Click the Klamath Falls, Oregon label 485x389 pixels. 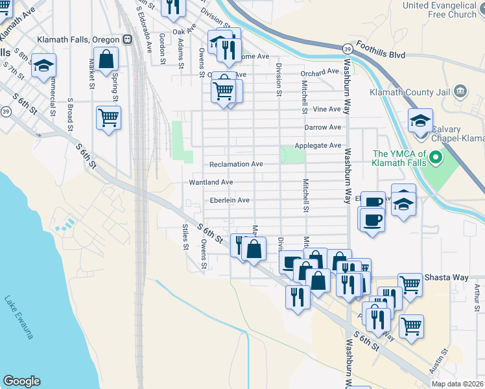click(x=78, y=38)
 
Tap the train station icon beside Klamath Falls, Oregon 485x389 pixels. click(x=127, y=38)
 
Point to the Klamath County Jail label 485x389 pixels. click(x=409, y=92)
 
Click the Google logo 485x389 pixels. click(x=21, y=381)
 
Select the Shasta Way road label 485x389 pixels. click(x=446, y=277)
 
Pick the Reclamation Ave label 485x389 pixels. click(x=236, y=164)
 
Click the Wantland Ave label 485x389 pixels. click(x=211, y=183)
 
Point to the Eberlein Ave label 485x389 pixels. click(x=226, y=200)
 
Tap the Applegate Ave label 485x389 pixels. click(x=318, y=145)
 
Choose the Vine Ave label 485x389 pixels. click(x=327, y=110)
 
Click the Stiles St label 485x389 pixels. click(x=185, y=237)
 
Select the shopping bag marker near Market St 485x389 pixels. click(x=106, y=59)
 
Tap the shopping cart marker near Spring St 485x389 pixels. click(x=108, y=118)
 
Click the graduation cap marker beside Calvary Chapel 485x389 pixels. click(x=420, y=121)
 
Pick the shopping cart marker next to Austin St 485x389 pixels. click(x=411, y=325)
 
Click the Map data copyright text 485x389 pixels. click(x=457, y=383)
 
